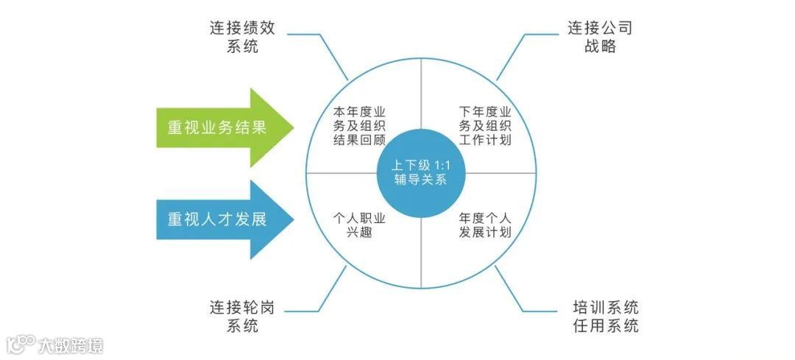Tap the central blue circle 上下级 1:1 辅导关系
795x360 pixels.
421,173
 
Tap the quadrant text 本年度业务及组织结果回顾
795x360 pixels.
360,126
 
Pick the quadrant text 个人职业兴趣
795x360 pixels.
360,225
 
